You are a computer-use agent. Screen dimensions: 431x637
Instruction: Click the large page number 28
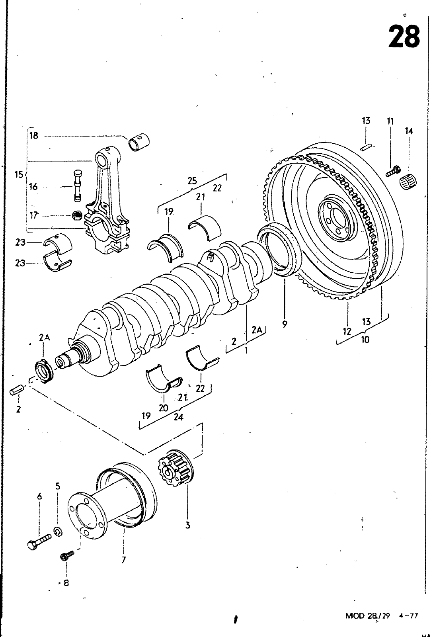pyautogui.click(x=404, y=36)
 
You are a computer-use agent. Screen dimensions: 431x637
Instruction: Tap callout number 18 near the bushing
pyautogui.click(x=33, y=135)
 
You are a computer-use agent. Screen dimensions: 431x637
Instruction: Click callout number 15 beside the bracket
pyautogui.click(x=19, y=174)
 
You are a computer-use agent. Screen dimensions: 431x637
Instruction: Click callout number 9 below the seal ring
pyautogui.click(x=285, y=324)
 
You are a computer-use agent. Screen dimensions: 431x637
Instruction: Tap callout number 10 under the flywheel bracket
pyautogui.click(x=365, y=340)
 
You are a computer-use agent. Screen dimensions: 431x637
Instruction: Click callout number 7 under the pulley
pyautogui.click(x=123, y=560)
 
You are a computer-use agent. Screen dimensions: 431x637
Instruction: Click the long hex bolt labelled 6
pyautogui.click(x=39, y=541)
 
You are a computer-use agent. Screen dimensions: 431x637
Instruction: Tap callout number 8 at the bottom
pyautogui.click(x=66, y=583)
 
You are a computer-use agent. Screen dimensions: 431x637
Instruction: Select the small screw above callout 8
pyautogui.click(x=67, y=555)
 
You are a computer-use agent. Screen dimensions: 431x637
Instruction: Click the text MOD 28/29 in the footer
pyautogui.click(x=367, y=616)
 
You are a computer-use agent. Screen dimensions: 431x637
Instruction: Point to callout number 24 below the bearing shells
pyautogui.click(x=178, y=417)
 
